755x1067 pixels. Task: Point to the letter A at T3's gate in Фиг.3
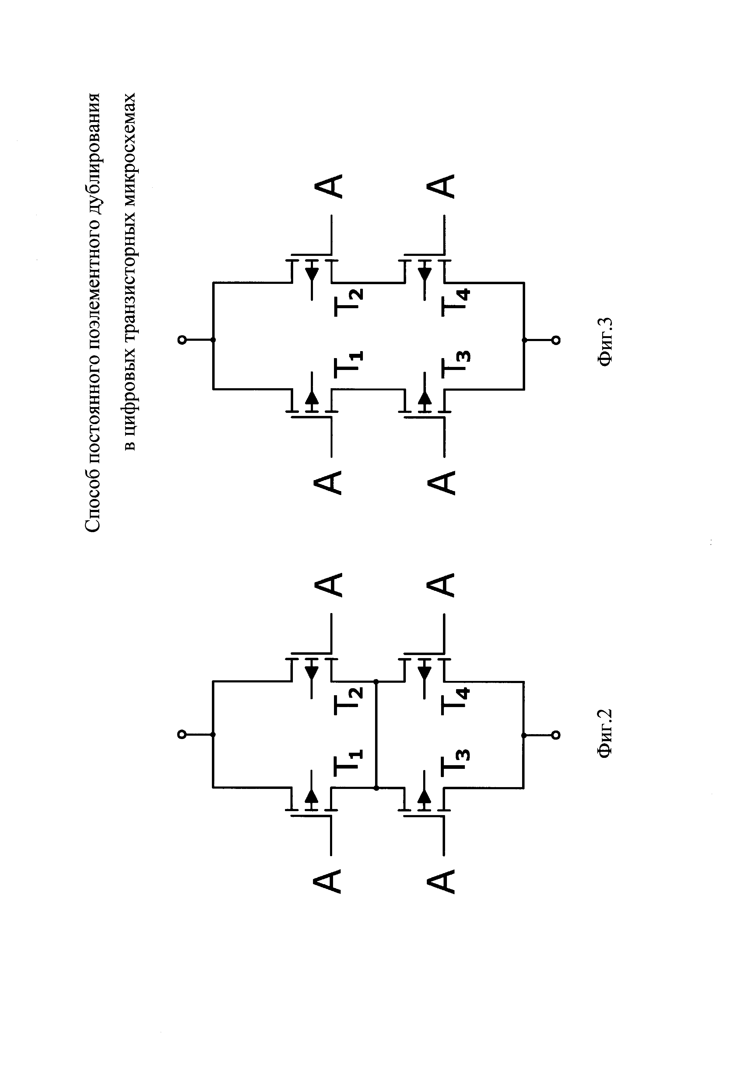(441, 482)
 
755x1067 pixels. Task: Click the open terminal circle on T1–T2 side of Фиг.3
(182, 340)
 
